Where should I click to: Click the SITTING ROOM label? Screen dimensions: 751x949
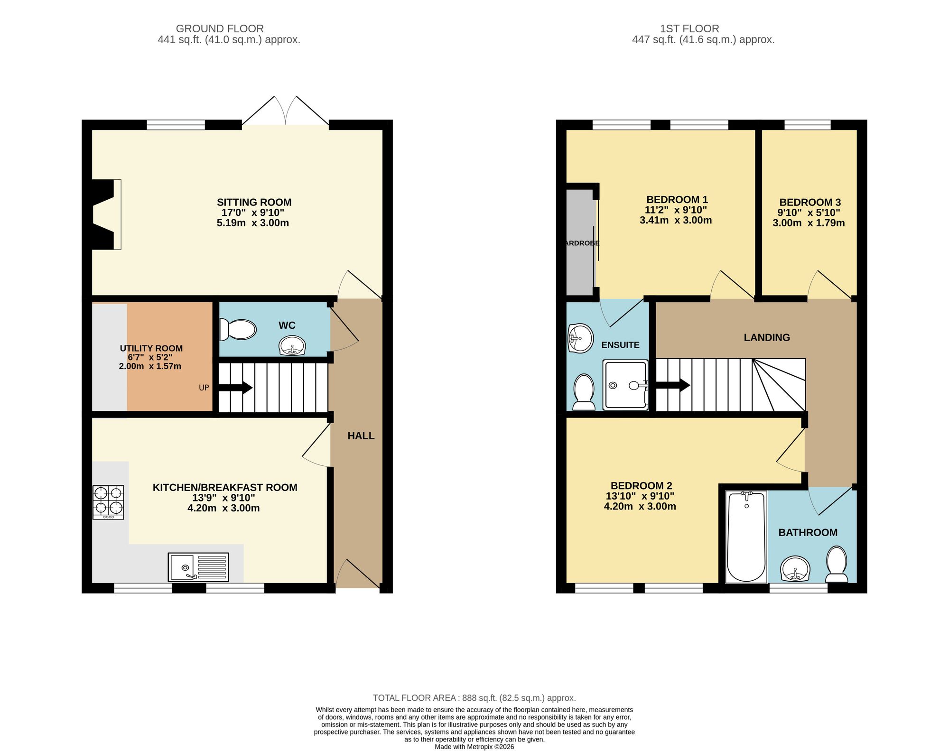254,203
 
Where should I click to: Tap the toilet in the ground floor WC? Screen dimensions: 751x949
238,329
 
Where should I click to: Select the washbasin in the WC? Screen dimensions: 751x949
292,345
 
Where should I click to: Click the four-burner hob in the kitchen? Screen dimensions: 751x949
108,502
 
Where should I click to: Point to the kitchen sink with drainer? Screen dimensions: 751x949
198,567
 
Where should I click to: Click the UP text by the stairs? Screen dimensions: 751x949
204,388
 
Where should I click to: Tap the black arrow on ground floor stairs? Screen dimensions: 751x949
236,388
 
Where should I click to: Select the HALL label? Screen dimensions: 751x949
361,436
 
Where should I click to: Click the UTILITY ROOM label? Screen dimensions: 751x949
151,348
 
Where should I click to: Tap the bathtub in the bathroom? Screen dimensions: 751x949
746,537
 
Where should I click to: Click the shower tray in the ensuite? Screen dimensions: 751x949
625,385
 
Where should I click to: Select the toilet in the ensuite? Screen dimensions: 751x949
584,392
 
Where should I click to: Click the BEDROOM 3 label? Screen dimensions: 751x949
809,203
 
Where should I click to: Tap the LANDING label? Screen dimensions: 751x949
767,337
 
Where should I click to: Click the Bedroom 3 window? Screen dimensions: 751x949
807,125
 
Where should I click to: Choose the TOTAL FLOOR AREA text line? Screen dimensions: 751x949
474,698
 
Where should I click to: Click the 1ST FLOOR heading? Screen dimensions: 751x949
703,28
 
